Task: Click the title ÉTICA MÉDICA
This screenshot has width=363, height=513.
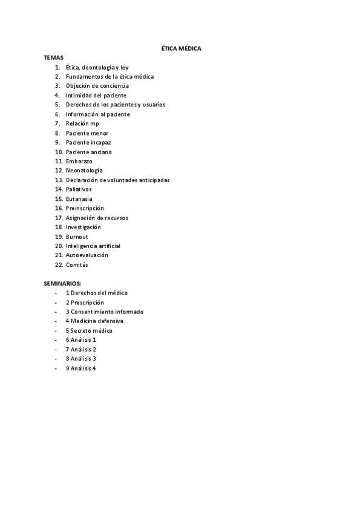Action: point(181,48)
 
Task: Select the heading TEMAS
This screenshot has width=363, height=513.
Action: point(53,57)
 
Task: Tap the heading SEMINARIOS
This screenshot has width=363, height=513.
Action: point(62,283)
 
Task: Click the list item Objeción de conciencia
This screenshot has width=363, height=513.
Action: point(97,86)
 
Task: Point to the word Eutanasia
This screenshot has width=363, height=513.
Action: point(79,199)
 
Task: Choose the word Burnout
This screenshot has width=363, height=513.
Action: point(77,237)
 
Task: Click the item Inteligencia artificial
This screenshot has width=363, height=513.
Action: point(93,246)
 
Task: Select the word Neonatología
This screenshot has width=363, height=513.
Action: point(84,171)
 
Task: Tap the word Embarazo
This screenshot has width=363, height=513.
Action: point(79,162)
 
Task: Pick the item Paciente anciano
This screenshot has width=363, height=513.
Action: point(88,152)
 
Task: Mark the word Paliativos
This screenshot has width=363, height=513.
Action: point(79,189)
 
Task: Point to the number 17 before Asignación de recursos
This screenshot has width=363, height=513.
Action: point(59,218)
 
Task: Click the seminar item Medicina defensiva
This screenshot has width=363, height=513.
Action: point(97,321)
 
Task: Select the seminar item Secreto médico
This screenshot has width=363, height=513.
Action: point(91,331)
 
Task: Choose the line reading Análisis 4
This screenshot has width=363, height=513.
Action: point(83,368)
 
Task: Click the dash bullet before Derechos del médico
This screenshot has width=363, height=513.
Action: point(56,293)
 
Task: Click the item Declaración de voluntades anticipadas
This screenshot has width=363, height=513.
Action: point(117,180)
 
